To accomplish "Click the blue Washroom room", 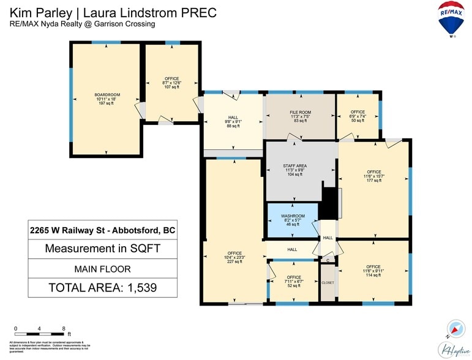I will pyautogui.click(x=293, y=220).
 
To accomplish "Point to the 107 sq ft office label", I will pyautogui.click(x=171, y=83).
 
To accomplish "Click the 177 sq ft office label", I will pyautogui.click(x=373, y=176).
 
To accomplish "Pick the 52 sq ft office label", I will pyautogui.click(x=293, y=281).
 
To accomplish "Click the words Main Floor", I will pyautogui.click(x=102, y=268).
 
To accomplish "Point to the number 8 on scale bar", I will pyautogui.click(x=63, y=328).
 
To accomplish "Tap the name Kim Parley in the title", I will pyautogui.click(x=38, y=12).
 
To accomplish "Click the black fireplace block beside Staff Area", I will pyautogui.click(x=331, y=202).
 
